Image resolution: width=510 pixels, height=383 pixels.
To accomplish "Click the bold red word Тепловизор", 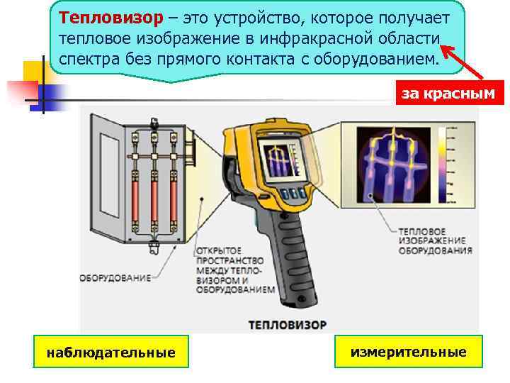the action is [x=111, y=18].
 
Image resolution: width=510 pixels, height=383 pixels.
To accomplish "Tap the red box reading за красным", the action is [x=450, y=93].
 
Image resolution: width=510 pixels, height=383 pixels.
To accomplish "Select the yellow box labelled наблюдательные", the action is [x=111, y=352].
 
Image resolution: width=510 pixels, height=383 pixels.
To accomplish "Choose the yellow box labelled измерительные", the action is [x=409, y=352].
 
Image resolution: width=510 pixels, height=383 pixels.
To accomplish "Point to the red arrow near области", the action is [x=462, y=62].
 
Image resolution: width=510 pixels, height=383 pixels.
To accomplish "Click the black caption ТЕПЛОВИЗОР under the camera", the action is [x=288, y=325].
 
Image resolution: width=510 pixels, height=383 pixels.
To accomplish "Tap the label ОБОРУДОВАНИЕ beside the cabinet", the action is [x=115, y=278].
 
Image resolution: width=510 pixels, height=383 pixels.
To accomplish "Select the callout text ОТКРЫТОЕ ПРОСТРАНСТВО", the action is [x=229, y=255].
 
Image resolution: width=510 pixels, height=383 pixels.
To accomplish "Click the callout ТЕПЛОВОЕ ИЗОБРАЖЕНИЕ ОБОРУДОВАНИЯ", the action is [x=436, y=241].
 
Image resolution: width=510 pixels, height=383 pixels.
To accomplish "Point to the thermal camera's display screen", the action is [x=283, y=160].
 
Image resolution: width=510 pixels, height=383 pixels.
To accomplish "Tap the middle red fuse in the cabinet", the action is [x=154, y=201].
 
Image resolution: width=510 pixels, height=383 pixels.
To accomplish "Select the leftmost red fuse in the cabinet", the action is [x=135, y=201].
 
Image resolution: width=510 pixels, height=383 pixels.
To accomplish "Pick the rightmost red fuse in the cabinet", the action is [x=174, y=201].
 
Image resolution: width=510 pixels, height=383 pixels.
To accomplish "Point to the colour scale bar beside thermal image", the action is [x=442, y=165].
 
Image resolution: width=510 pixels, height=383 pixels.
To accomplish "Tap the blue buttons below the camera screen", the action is [x=294, y=194].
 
